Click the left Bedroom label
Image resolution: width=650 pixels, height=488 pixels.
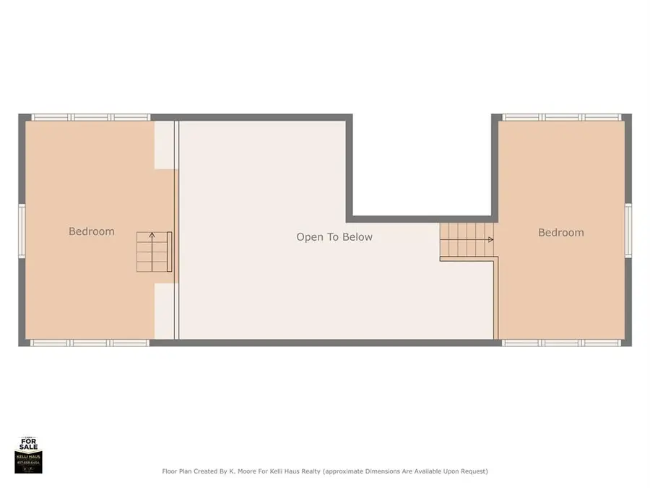[92, 231]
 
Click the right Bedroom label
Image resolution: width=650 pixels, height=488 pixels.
[560, 232]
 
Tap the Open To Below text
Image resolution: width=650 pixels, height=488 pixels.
[334, 236]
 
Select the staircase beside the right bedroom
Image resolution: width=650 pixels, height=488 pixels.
[467, 240]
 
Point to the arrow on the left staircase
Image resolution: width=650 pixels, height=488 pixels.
[152, 236]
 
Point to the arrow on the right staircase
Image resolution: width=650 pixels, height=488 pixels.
[490, 239]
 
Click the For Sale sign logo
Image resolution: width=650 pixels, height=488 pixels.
[29, 455]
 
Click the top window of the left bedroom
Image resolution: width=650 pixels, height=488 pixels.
[90, 117]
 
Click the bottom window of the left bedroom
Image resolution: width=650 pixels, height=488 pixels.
[90, 343]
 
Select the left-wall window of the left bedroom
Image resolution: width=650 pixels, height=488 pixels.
[22, 231]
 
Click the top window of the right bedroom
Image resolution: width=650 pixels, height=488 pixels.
[561, 117]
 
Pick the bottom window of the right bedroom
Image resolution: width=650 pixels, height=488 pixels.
[561, 343]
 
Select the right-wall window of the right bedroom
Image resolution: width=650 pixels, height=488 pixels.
[628, 231]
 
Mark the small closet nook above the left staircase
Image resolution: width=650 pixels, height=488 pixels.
[165, 145]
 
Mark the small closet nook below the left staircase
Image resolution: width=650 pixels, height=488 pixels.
[165, 310]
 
